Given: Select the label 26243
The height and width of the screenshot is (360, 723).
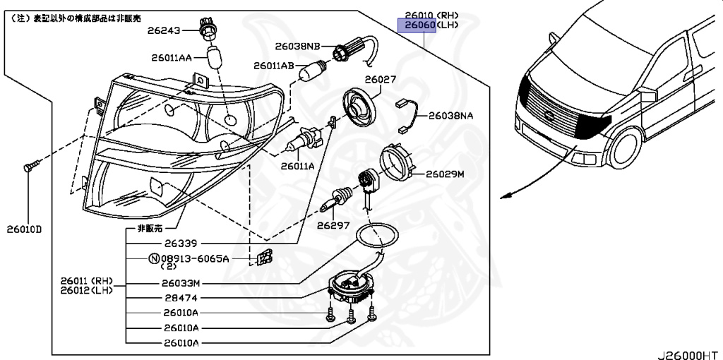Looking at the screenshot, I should [x=164, y=31].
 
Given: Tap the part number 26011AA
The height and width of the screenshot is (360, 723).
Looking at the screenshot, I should [x=171, y=58].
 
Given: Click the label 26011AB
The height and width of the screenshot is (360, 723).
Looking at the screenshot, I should [x=275, y=66].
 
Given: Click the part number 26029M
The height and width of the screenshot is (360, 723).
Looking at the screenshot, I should [x=444, y=173].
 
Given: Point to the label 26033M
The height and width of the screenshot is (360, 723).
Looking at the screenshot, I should [x=182, y=284].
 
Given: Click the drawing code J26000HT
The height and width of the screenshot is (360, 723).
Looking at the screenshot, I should [x=689, y=352].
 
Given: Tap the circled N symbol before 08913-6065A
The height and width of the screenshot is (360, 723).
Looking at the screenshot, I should [x=153, y=259].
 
